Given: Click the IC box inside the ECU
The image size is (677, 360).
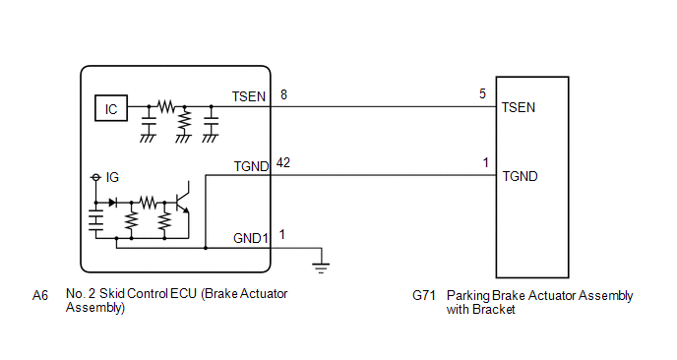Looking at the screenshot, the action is pyautogui.click(x=111, y=108).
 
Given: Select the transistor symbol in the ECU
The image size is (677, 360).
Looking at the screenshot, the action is pyautogui.click(x=183, y=202).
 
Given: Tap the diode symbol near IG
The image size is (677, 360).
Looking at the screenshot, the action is pyautogui.click(x=113, y=202).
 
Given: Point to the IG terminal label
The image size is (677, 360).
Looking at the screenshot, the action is pyautogui.click(x=112, y=177).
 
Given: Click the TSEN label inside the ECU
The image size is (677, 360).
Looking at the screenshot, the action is pyautogui.click(x=249, y=96).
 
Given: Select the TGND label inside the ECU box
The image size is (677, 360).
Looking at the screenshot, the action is pyautogui.click(x=251, y=166).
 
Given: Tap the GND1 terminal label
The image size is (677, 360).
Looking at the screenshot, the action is pyautogui.click(x=251, y=238).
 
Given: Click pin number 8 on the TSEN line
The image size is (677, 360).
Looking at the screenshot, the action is pyautogui.click(x=283, y=94).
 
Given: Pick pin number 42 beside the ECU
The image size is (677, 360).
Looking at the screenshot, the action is pyautogui.click(x=283, y=162).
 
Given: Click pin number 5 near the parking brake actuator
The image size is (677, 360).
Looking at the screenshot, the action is pyautogui.click(x=482, y=93).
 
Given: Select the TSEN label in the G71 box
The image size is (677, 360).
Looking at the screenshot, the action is pyautogui.click(x=519, y=107).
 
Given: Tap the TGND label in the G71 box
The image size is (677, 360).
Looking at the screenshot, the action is pyautogui.click(x=520, y=176).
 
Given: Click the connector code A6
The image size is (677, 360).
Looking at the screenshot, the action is pyautogui.click(x=40, y=296).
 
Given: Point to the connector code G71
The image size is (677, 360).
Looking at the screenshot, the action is pyautogui.click(x=424, y=296).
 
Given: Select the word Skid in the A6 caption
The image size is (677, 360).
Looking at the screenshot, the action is pyautogui.click(x=112, y=293).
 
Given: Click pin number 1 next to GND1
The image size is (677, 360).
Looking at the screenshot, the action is pyautogui.click(x=282, y=235).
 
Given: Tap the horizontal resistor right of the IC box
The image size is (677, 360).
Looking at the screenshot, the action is pyautogui.click(x=166, y=106).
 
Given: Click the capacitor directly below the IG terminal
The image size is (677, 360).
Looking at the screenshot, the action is pyautogui.click(x=95, y=220).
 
